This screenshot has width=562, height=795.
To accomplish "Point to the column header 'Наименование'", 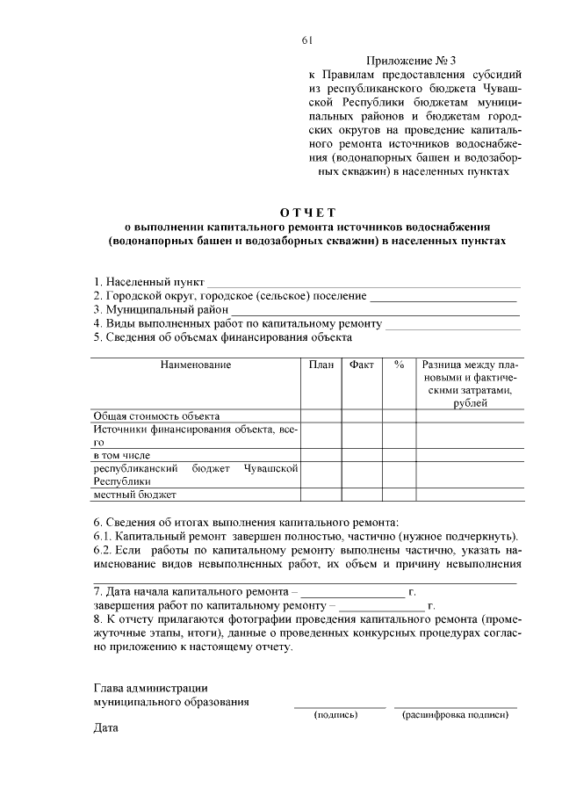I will coord(195,365).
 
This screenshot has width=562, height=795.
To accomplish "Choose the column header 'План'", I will coord(321,365).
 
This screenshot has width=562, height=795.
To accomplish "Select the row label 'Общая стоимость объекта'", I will coord(155,416).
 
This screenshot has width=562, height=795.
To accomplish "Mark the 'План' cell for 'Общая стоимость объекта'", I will coord(321,416).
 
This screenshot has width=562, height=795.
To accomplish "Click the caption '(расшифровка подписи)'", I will coord(456,714).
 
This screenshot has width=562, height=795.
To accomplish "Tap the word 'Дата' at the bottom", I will coord(106,728).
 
